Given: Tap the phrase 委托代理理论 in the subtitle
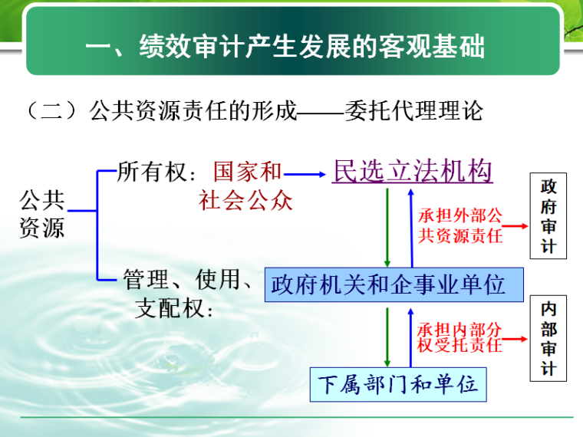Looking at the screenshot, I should click(414, 111).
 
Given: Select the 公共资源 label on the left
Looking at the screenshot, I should click(42, 214).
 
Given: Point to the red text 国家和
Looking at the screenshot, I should click(247, 172).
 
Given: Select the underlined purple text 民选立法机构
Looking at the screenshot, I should click(413, 171).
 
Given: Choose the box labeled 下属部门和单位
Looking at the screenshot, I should click(398, 383).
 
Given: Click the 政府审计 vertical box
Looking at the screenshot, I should click(548, 217).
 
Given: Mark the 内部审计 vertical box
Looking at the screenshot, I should click(548, 338).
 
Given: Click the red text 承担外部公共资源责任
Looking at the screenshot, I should click(460, 226).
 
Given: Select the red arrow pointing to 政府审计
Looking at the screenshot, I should click(513, 226).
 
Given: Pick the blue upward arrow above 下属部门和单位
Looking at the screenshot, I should click(410, 337).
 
